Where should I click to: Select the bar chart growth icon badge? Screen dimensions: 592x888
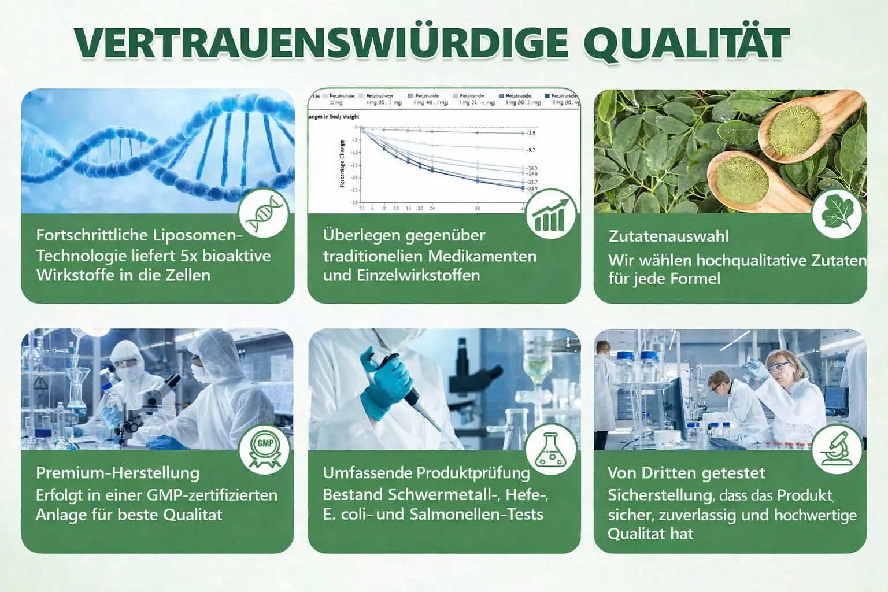[551, 214]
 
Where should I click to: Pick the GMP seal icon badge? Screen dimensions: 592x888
[264, 449]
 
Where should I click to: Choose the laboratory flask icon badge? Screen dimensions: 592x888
[551, 449]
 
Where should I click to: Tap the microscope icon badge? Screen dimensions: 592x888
[837, 449]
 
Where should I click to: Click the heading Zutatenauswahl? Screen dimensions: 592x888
[668, 236]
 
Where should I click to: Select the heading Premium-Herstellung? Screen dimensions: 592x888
[117, 472]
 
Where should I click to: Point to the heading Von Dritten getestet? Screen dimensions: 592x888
[686, 472]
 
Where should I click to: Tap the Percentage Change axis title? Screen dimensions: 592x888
[342, 164]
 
